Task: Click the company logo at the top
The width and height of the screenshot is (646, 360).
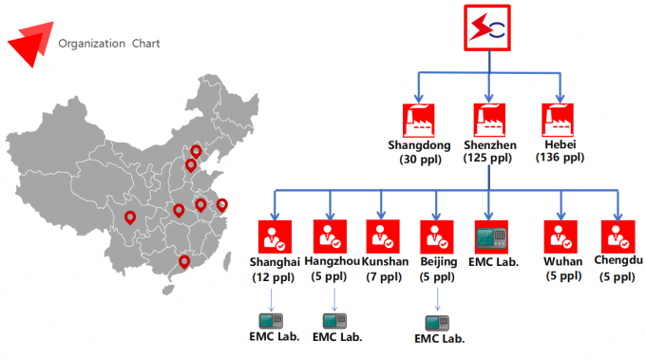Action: pos(488,28)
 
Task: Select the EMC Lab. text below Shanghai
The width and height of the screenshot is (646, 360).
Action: pos(275,336)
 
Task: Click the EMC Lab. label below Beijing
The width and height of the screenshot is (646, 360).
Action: pos(440,338)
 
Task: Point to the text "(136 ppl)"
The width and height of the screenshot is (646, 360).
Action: pos(560,158)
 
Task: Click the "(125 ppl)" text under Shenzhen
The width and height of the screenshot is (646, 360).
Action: pos(489,158)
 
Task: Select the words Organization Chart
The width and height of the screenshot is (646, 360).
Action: pos(108,44)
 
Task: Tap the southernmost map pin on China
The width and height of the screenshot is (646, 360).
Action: pos(184,261)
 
